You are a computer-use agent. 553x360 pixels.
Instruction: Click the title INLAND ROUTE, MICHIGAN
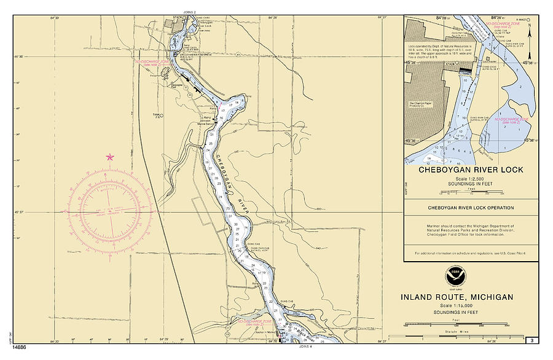pos(457,297)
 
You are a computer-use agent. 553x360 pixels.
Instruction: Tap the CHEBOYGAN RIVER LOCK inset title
pos(471,170)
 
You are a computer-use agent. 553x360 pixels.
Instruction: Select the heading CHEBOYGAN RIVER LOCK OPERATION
pos(471,208)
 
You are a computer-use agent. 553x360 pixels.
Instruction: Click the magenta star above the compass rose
pos(110,157)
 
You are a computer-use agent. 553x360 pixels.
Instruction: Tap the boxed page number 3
pos(530,341)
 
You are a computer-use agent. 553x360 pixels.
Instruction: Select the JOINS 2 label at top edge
pos(189,12)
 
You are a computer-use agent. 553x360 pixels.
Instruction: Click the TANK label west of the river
pos(157,114)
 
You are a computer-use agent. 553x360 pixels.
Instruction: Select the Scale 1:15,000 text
pos(457,305)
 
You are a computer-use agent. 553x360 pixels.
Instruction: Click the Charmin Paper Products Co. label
pos(423,104)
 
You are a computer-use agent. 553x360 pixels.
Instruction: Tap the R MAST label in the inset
pos(522,20)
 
